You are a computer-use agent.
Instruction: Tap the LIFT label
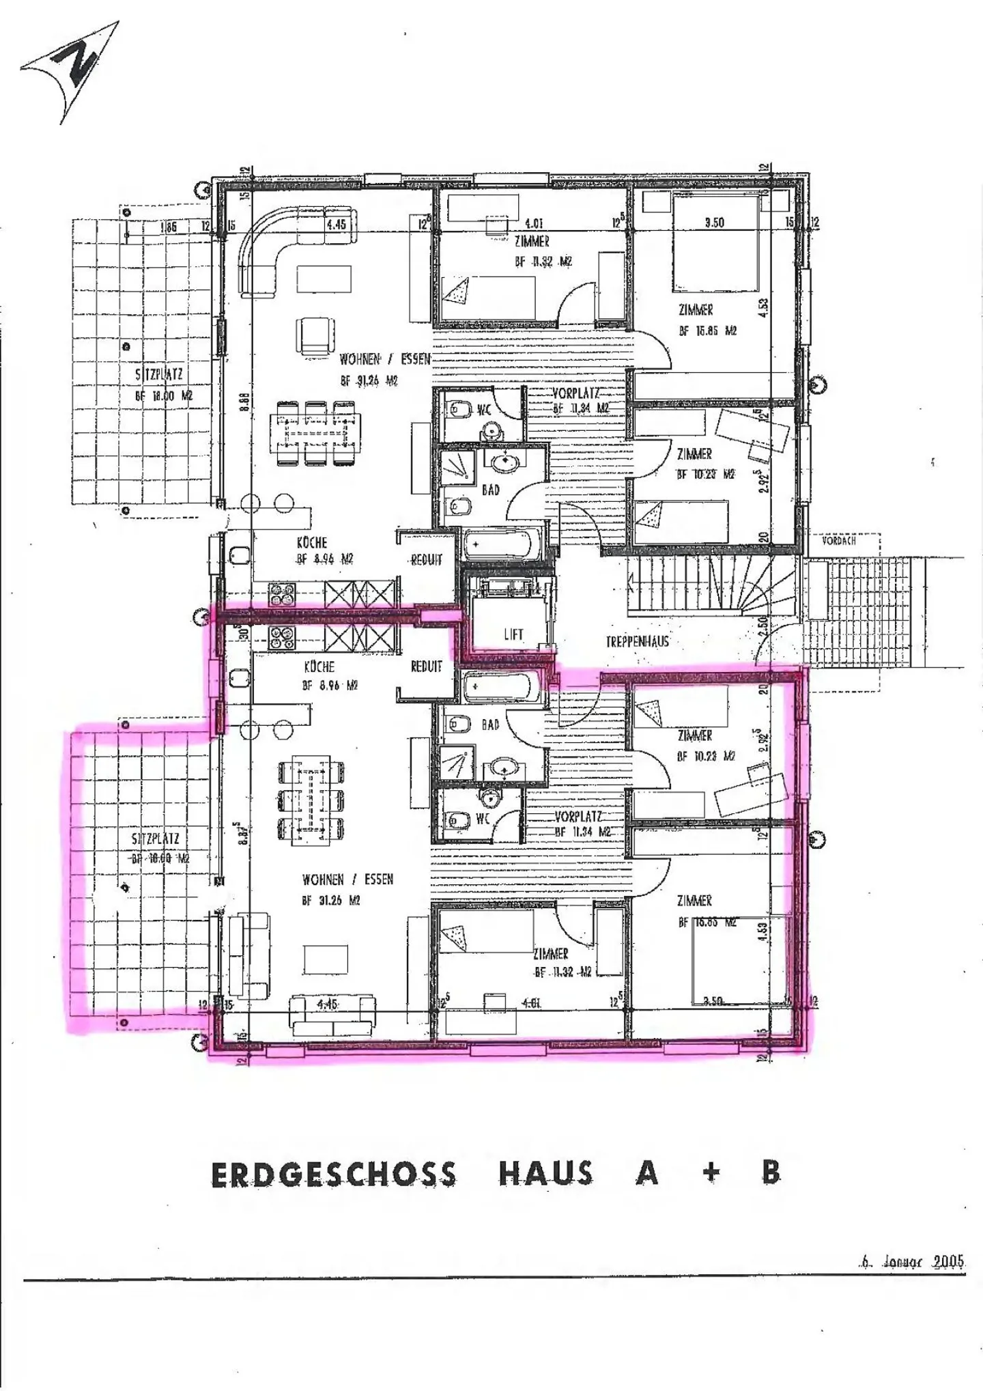[513, 634]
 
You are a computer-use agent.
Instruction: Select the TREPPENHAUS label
[637, 641]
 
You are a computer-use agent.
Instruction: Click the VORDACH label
[839, 541]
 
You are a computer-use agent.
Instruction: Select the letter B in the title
[771, 1172]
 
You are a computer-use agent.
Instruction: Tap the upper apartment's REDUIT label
[427, 560]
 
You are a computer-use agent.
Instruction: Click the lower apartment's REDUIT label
[427, 666]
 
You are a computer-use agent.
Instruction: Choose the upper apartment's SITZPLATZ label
[159, 374]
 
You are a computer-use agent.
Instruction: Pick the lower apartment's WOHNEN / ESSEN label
[348, 880]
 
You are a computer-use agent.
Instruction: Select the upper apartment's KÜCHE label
[312, 543]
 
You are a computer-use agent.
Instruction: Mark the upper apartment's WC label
[484, 410]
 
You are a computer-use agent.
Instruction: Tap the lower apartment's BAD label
[491, 725]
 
